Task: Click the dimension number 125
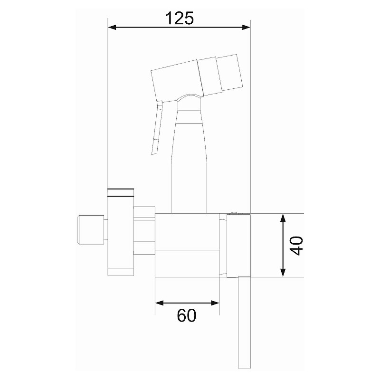point(180,18)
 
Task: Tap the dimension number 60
point(186,315)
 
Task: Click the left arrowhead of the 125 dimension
point(112,27)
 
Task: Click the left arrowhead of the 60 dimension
point(159,303)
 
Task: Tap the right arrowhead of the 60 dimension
point(215,303)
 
